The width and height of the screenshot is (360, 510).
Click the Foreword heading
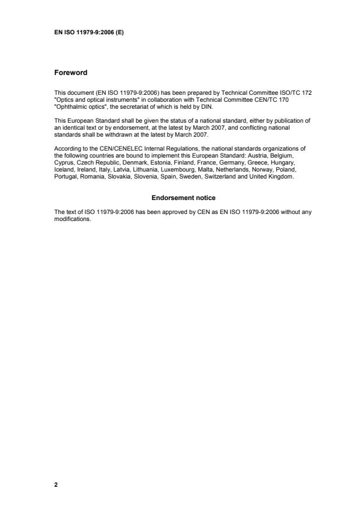click(70, 73)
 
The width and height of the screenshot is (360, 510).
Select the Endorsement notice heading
click(183, 198)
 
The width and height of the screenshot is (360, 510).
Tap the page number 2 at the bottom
click(56, 484)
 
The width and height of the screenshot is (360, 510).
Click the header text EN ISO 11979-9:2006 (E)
click(89, 33)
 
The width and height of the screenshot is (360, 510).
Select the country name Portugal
click(65, 177)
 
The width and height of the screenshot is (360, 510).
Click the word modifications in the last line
click(72, 220)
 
